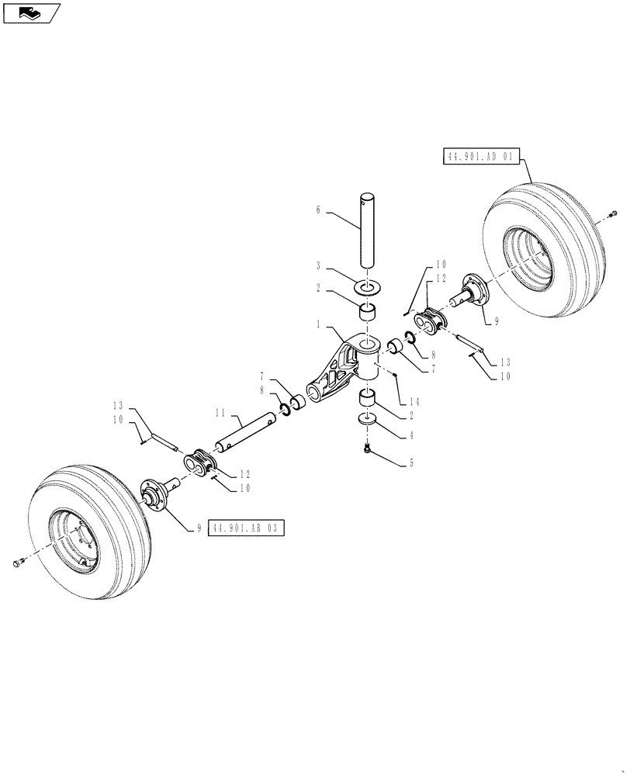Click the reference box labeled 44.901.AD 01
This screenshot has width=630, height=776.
(x=480, y=157)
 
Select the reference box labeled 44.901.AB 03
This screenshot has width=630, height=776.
(x=247, y=528)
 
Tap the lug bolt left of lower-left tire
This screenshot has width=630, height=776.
(x=19, y=563)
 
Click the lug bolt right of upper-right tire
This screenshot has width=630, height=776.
(x=613, y=213)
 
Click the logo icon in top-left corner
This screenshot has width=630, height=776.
(x=30, y=12)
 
